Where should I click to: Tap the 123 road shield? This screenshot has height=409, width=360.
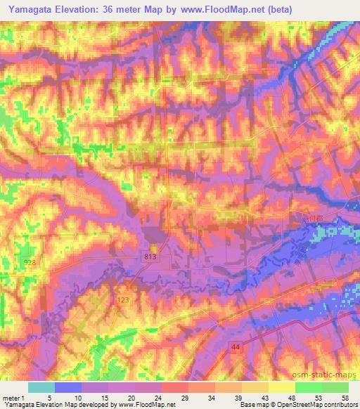point(122,300)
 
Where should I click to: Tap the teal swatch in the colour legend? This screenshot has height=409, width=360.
point(41,387)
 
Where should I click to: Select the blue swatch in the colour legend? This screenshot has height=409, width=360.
point(68,387)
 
